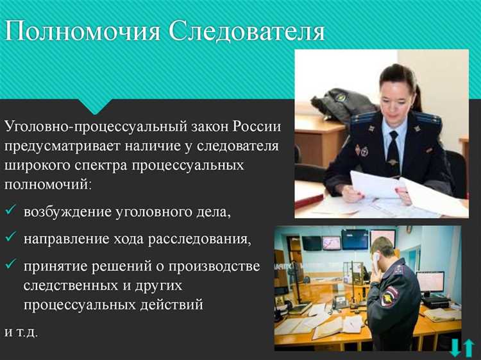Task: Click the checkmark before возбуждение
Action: [x=11, y=211]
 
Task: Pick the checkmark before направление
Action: [x=11, y=238]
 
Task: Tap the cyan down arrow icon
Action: [x=455, y=348]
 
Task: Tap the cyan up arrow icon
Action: [x=469, y=348]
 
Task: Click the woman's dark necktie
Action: [x=392, y=155]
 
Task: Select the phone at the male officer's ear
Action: [x=376, y=258]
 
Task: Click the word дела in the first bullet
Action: [x=210, y=212]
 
